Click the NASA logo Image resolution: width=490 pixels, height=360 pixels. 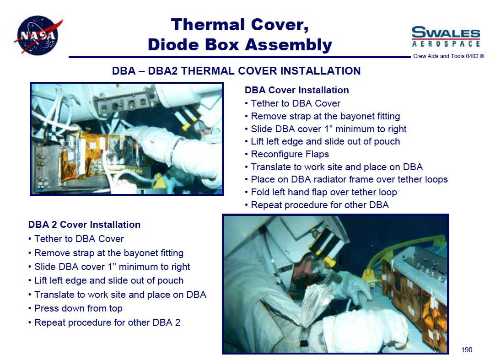click(x=38, y=35)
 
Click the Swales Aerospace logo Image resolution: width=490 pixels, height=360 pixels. click(x=445, y=37)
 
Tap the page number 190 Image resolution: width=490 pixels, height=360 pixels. click(x=467, y=349)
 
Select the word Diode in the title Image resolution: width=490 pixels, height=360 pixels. click(x=173, y=44)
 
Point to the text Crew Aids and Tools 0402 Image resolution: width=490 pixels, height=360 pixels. click(x=446, y=56)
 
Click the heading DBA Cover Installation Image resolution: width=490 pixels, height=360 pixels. click(x=296, y=90)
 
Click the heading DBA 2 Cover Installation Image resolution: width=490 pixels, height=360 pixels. click(x=84, y=225)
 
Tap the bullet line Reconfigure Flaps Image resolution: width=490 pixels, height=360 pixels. click(x=287, y=154)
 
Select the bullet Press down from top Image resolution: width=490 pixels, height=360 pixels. click(x=75, y=308)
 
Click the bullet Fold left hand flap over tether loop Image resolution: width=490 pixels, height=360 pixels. click(x=321, y=192)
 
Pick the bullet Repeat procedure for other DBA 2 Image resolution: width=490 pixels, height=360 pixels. click(x=104, y=322)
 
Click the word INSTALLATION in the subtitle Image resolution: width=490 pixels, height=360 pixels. click(x=320, y=71)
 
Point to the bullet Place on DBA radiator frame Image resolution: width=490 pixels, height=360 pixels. click(x=346, y=179)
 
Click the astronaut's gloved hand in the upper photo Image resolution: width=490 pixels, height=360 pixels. click(x=150, y=138)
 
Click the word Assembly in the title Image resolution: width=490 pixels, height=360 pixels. click(x=288, y=45)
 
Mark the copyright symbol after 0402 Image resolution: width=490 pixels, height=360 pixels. click(x=482, y=56)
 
